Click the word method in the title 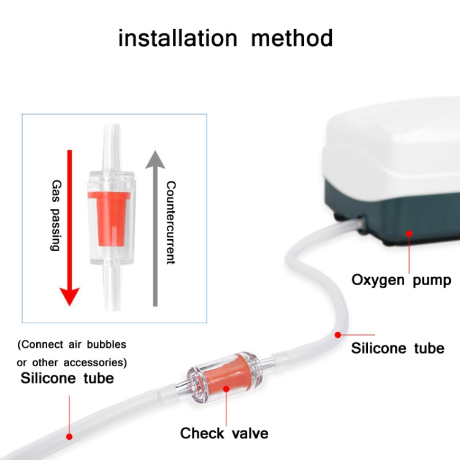(x=292, y=38)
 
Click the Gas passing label (x=55, y=215)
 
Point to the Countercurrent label (x=171, y=222)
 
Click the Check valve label (x=224, y=434)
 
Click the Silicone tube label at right (x=397, y=348)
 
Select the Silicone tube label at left (x=67, y=378)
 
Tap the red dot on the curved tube (x=337, y=335)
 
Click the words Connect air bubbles (x=72, y=345)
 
